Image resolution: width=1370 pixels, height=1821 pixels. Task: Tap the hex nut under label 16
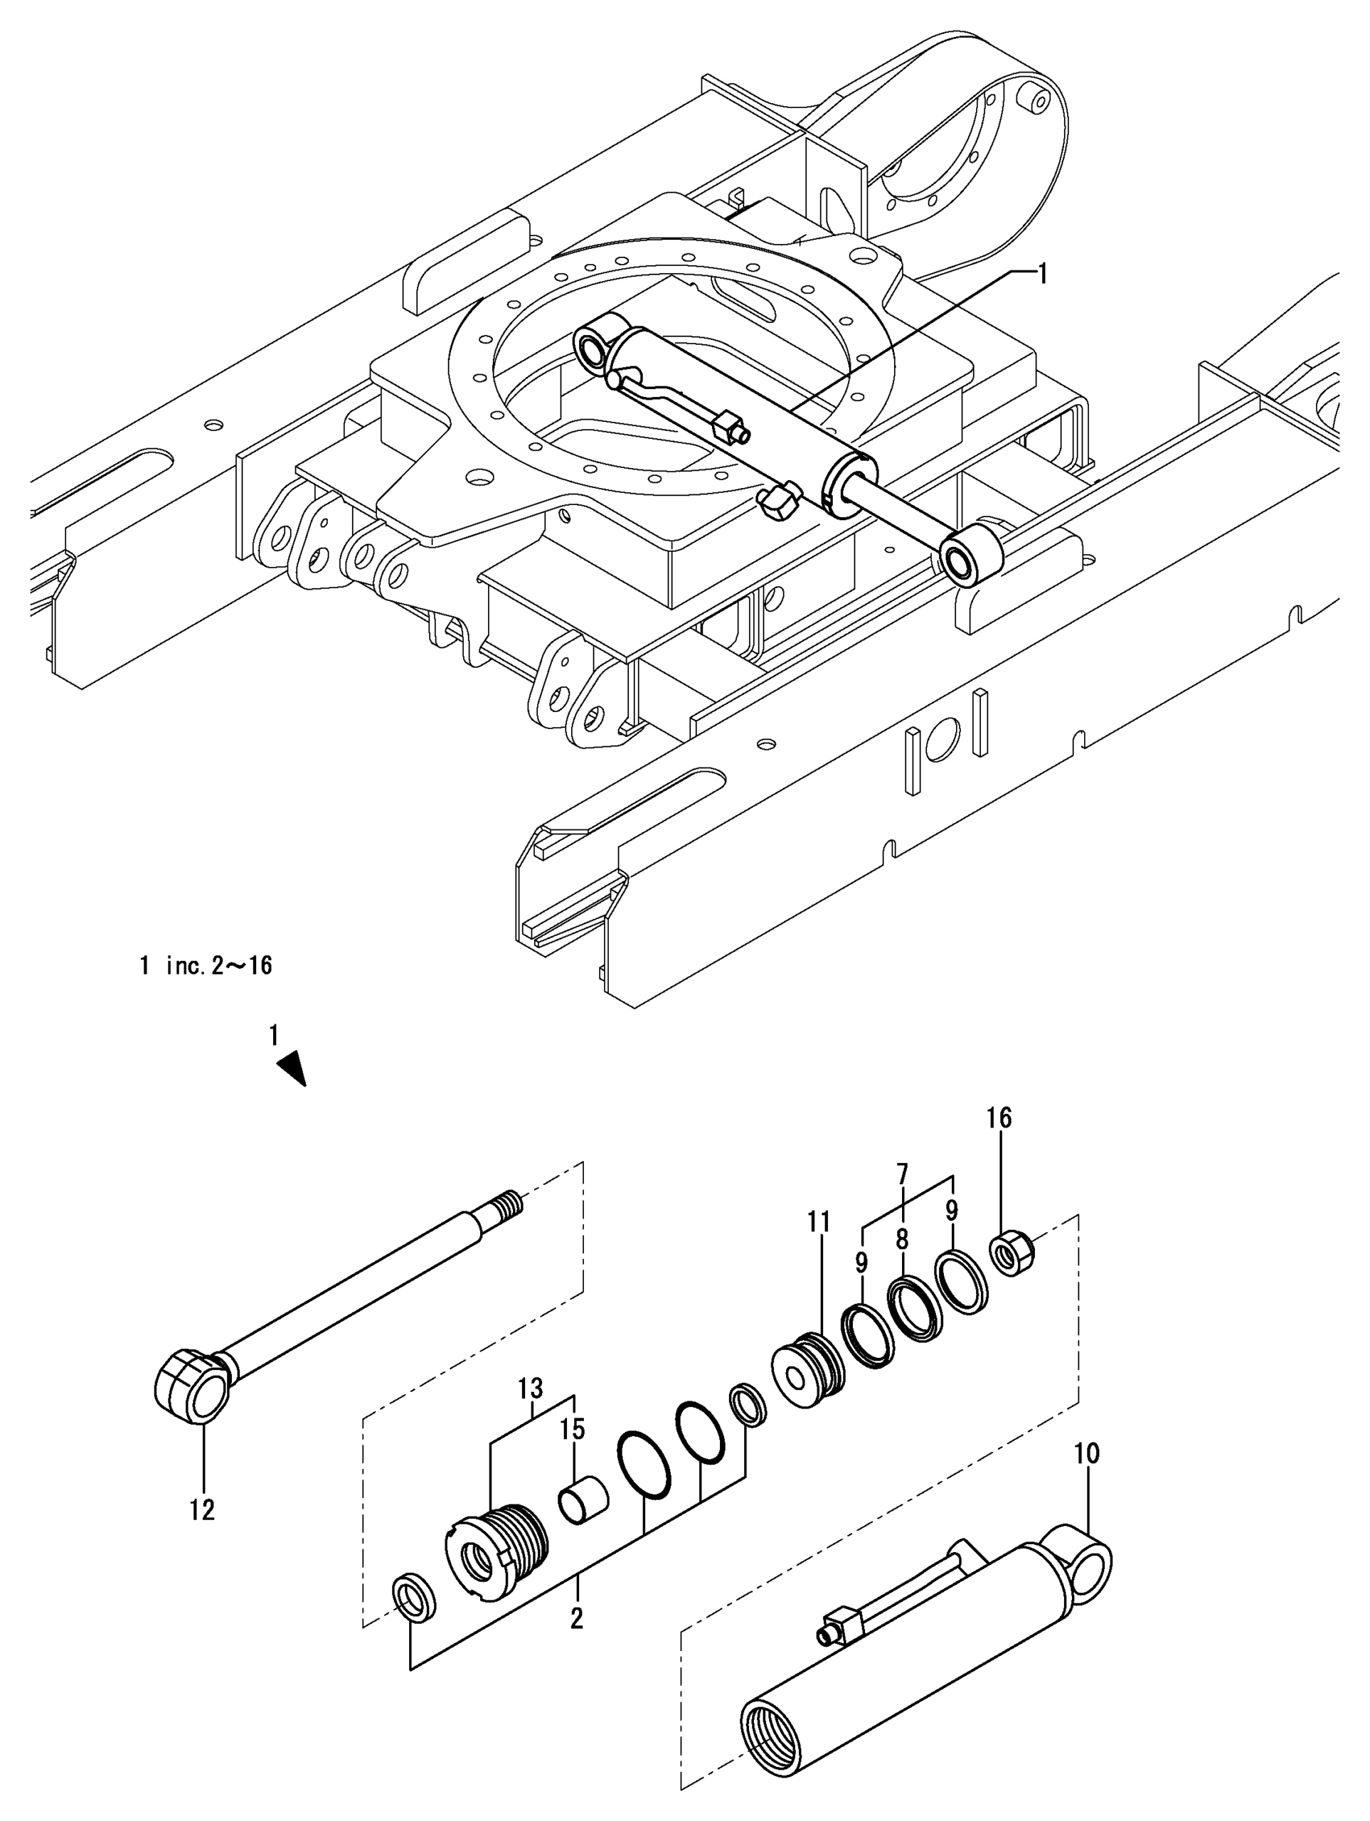point(1013,1255)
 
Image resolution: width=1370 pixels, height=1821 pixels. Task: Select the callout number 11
point(819,1221)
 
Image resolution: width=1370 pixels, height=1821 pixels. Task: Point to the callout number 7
point(903,1171)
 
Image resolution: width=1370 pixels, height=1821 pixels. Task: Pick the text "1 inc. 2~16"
point(206,966)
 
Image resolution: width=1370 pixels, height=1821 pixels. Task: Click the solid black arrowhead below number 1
point(293,1068)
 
